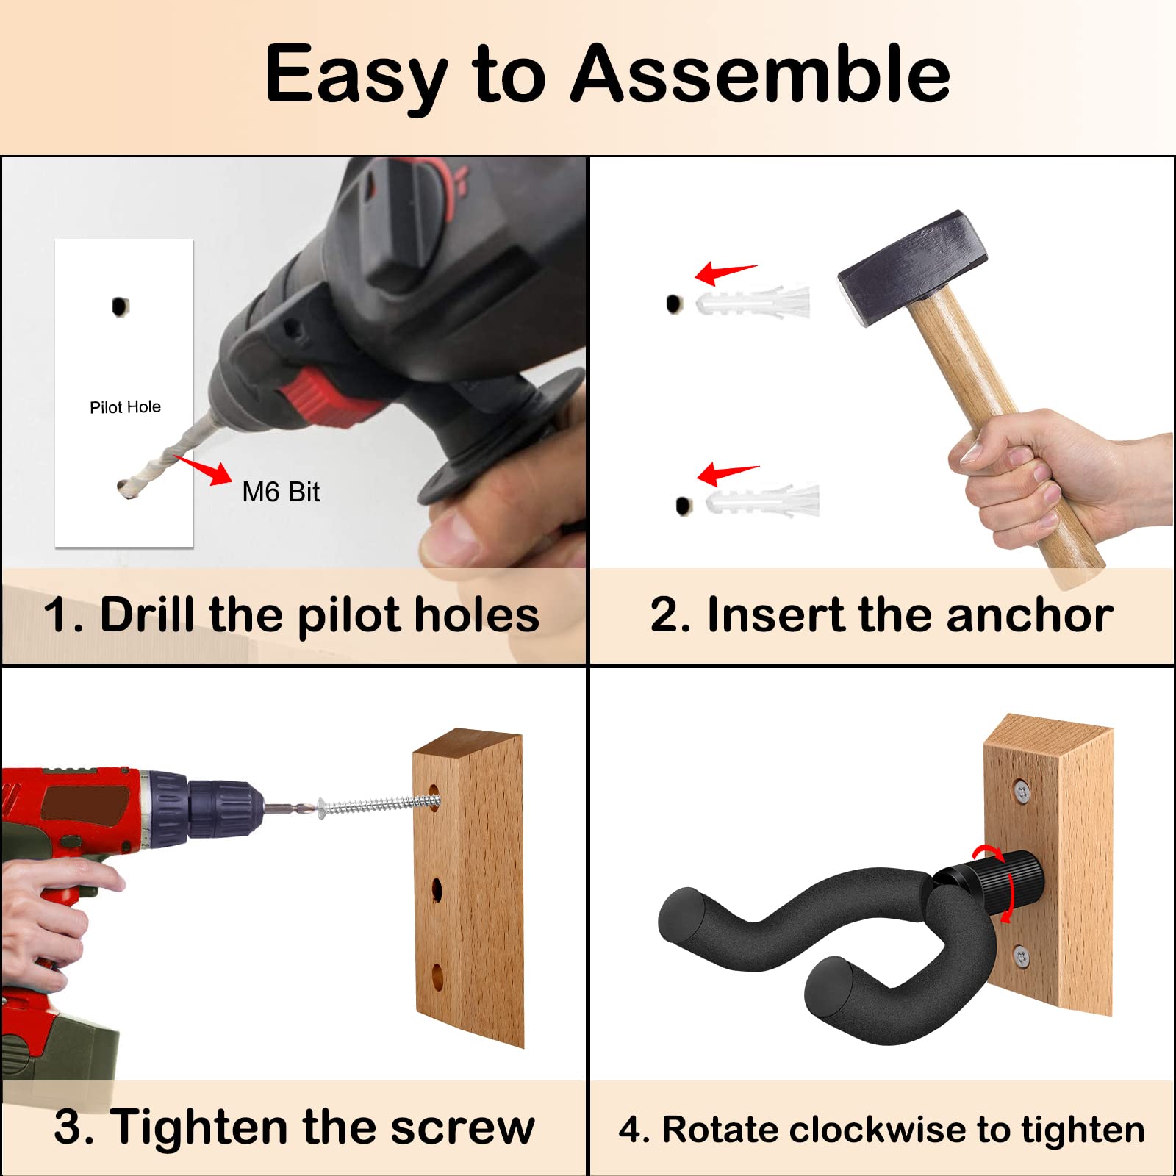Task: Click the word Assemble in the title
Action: [761, 73]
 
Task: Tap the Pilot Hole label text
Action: [125, 407]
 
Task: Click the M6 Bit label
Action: [281, 492]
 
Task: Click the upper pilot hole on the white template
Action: [120, 306]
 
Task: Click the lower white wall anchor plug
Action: [763, 501]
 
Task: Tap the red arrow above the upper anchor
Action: [724, 273]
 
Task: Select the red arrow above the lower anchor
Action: [726, 473]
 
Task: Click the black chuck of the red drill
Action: [220, 809]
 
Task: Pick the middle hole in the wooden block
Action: [437, 890]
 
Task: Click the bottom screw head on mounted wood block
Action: [1021, 955]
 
